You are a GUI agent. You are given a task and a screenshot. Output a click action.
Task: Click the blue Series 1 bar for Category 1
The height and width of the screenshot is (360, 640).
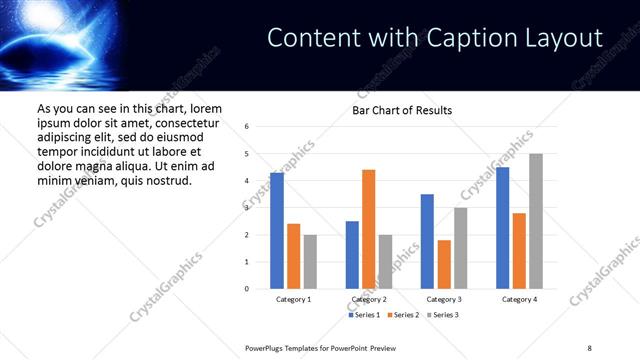coord(277,231)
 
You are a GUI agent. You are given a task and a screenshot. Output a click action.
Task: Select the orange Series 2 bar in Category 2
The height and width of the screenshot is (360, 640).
coord(368,229)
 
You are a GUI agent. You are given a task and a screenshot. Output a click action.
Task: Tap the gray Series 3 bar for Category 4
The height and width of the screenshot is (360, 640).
coord(536,221)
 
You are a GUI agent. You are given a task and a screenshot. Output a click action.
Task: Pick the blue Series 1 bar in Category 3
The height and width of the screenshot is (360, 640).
coord(427,241)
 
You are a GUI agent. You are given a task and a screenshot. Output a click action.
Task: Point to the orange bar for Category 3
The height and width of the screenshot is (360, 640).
coord(444,264)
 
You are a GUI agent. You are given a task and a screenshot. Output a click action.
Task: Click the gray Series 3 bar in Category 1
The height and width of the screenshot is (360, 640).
coord(310,262)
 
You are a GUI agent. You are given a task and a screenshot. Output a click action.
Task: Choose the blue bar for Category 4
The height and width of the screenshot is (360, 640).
coord(502,228)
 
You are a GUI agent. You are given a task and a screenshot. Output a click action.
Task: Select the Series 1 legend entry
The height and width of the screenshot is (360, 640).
coord(364,315)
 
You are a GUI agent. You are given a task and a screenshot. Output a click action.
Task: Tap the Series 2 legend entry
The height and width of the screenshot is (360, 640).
coord(402,315)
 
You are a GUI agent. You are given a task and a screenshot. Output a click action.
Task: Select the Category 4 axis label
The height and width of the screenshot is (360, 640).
coord(519,299)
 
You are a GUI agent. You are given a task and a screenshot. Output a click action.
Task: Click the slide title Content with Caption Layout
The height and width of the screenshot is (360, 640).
coord(435,38)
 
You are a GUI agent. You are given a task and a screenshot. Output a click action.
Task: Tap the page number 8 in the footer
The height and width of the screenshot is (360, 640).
coord(589,347)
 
